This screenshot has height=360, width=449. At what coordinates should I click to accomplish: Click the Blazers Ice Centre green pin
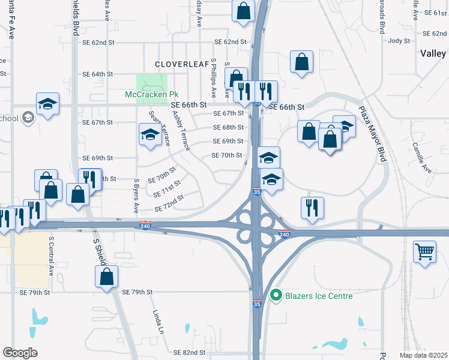click(x=276, y=295)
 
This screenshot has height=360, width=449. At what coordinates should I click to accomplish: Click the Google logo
click(x=20, y=352)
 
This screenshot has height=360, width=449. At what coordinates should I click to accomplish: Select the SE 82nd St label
click(x=189, y=353)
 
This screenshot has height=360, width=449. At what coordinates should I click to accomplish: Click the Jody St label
click(x=399, y=41)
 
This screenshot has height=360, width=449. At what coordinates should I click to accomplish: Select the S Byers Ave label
click(x=137, y=196)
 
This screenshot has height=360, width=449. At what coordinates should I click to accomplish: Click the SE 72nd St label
click(x=169, y=203)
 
